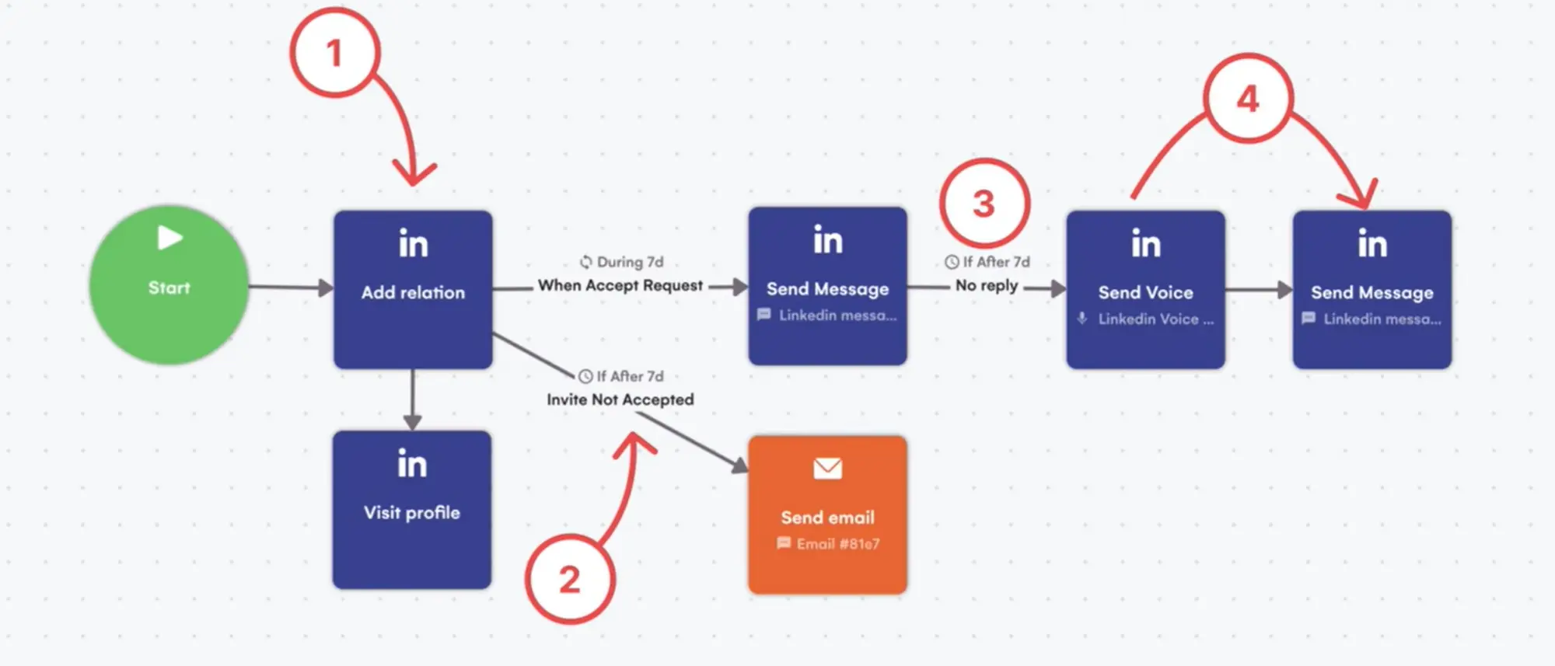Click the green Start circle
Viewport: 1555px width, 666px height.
169,285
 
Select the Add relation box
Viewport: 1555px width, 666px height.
413,289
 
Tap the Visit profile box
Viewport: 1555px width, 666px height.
412,510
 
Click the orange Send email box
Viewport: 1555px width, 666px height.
827,515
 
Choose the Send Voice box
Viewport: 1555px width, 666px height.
1145,289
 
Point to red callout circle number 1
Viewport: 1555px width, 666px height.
335,53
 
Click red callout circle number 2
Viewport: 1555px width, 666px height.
570,579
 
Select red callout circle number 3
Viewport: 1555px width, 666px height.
984,204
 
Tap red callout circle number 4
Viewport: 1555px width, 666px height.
1248,99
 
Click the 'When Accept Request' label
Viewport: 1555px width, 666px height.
620,285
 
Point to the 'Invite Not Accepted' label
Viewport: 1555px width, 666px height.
620,399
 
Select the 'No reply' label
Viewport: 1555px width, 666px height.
986,285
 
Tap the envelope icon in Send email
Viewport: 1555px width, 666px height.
827,469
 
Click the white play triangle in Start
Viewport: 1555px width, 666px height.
169,237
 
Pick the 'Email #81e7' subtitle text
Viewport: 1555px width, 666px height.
837,544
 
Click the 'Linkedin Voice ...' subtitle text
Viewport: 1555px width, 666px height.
1155,319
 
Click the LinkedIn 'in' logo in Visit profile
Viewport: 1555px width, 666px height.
412,464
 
